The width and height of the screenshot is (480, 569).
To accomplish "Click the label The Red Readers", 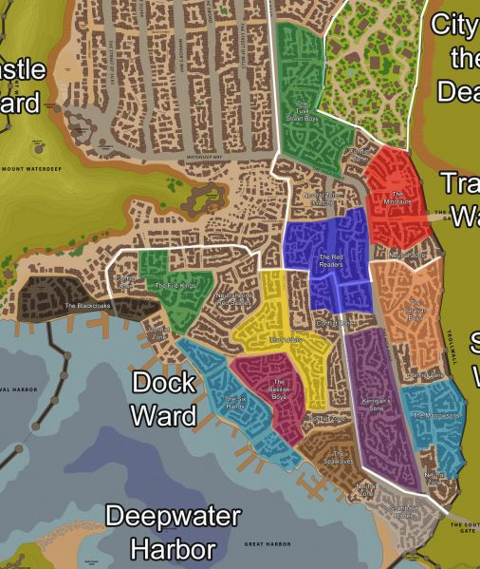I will coord(330,257).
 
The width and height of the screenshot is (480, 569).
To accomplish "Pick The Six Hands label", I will coord(236,402).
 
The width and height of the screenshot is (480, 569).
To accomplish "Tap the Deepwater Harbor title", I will coord(173,533).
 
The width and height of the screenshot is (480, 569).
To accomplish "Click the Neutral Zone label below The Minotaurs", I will coord(408,256).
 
